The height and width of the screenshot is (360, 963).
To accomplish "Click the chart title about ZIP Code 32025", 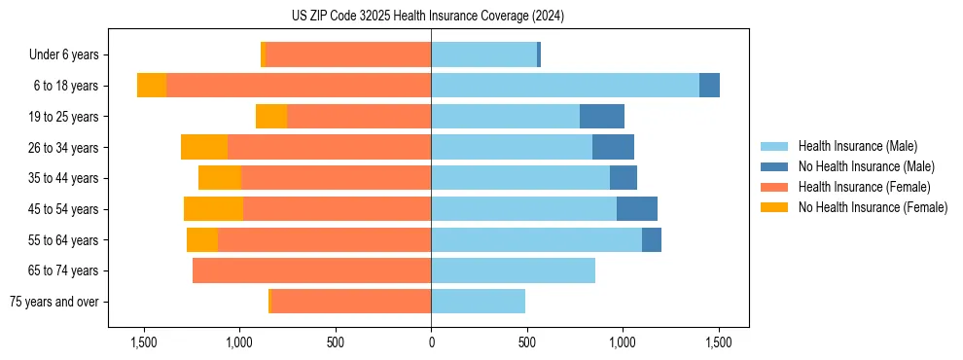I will point(427,16).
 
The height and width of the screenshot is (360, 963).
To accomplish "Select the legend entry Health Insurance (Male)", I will point(856,146).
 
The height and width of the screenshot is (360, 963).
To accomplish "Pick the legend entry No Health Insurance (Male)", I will point(866,166).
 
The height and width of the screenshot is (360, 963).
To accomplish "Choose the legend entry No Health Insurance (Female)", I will point(873,207).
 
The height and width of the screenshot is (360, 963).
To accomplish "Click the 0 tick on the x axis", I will point(431,342).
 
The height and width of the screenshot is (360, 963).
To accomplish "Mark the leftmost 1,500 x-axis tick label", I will point(144,342).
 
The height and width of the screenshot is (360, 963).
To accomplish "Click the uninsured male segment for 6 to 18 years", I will point(709,86).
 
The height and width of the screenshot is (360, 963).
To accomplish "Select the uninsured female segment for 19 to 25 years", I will point(271,117).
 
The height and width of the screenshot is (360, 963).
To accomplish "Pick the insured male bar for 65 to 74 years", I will point(513,270).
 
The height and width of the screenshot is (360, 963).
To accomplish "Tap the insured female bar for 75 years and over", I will point(351,302).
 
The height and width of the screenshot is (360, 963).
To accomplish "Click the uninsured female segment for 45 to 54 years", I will point(213,209).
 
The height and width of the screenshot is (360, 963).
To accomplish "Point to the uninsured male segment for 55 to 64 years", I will point(652,239).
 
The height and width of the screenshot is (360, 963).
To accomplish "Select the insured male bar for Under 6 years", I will point(483,55).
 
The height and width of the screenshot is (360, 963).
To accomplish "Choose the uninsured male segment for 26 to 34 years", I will point(613,147).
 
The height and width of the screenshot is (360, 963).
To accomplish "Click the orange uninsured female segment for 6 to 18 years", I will point(152,86).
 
